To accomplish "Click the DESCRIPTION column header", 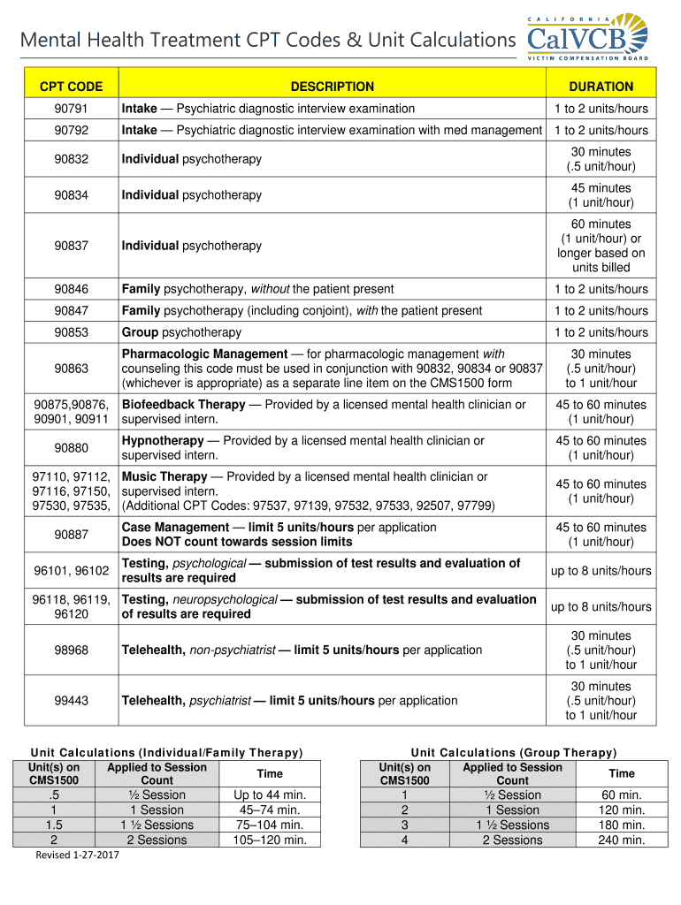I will tap(332, 87).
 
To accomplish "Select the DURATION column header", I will tap(601, 87).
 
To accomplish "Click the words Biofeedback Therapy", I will tap(183, 405).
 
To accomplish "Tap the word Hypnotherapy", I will tap(163, 441).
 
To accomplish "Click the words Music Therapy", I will tap(164, 477).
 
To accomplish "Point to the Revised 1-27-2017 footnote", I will tap(77, 855).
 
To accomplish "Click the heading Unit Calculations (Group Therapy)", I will tap(514, 752).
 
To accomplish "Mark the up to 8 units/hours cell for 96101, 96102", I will tap(601, 571).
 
